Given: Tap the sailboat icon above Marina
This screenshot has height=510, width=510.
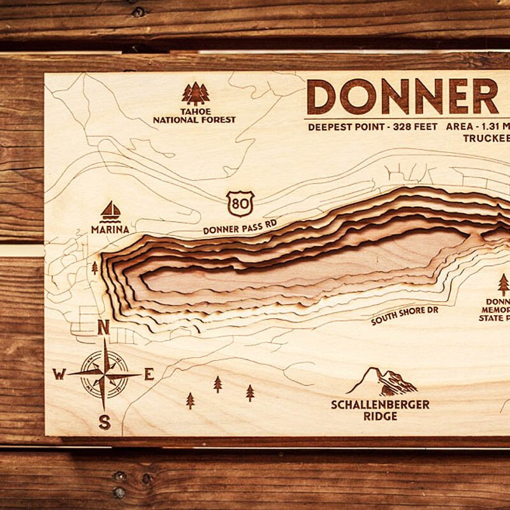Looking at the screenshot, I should [110, 211].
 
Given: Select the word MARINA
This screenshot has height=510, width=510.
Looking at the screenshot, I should [110, 229].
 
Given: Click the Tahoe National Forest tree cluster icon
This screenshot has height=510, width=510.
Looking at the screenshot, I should [195, 94].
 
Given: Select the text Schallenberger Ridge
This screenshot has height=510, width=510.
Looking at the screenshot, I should [380, 410].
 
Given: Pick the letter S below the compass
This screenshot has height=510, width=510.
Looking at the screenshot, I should [105, 421].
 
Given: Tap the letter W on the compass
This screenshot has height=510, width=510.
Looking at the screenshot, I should [59, 374].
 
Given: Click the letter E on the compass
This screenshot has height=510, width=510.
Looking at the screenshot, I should [149, 374].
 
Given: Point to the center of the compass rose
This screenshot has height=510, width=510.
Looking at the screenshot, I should [105, 374].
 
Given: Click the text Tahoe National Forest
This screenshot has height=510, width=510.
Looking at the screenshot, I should [194, 115].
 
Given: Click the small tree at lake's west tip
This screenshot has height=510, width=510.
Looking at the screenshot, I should [95, 268].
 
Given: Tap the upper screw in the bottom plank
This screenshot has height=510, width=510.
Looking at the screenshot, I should [119, 476].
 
